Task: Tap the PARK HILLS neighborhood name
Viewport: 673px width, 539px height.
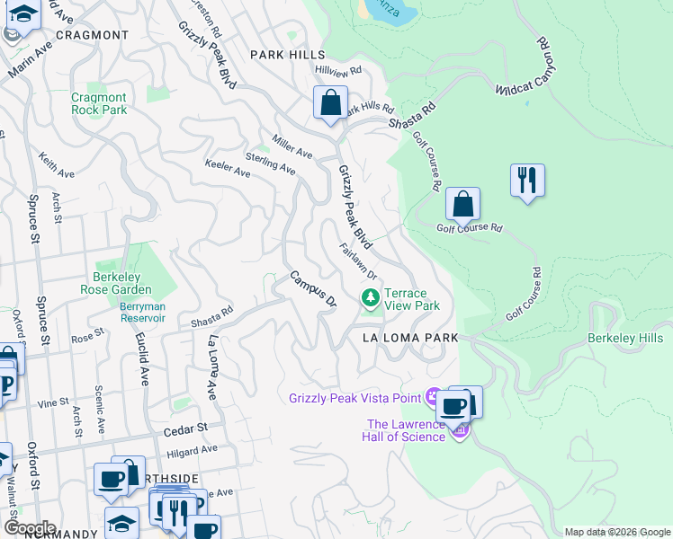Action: point(287,55)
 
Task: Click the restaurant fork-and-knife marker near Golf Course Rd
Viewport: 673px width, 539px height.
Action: point(526,181)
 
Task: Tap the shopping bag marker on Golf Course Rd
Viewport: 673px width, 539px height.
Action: point(462,205)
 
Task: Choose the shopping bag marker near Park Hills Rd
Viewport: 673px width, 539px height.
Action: point(330,103)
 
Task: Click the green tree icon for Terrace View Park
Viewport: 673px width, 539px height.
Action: point(370,297)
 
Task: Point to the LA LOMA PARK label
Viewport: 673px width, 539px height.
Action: point(410,338)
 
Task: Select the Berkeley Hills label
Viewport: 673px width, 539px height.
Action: point(625,338)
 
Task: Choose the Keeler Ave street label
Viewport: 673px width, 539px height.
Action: point(228,168)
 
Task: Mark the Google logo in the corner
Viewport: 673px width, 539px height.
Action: point(30,528)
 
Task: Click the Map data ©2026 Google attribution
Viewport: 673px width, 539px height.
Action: point(616,532)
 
